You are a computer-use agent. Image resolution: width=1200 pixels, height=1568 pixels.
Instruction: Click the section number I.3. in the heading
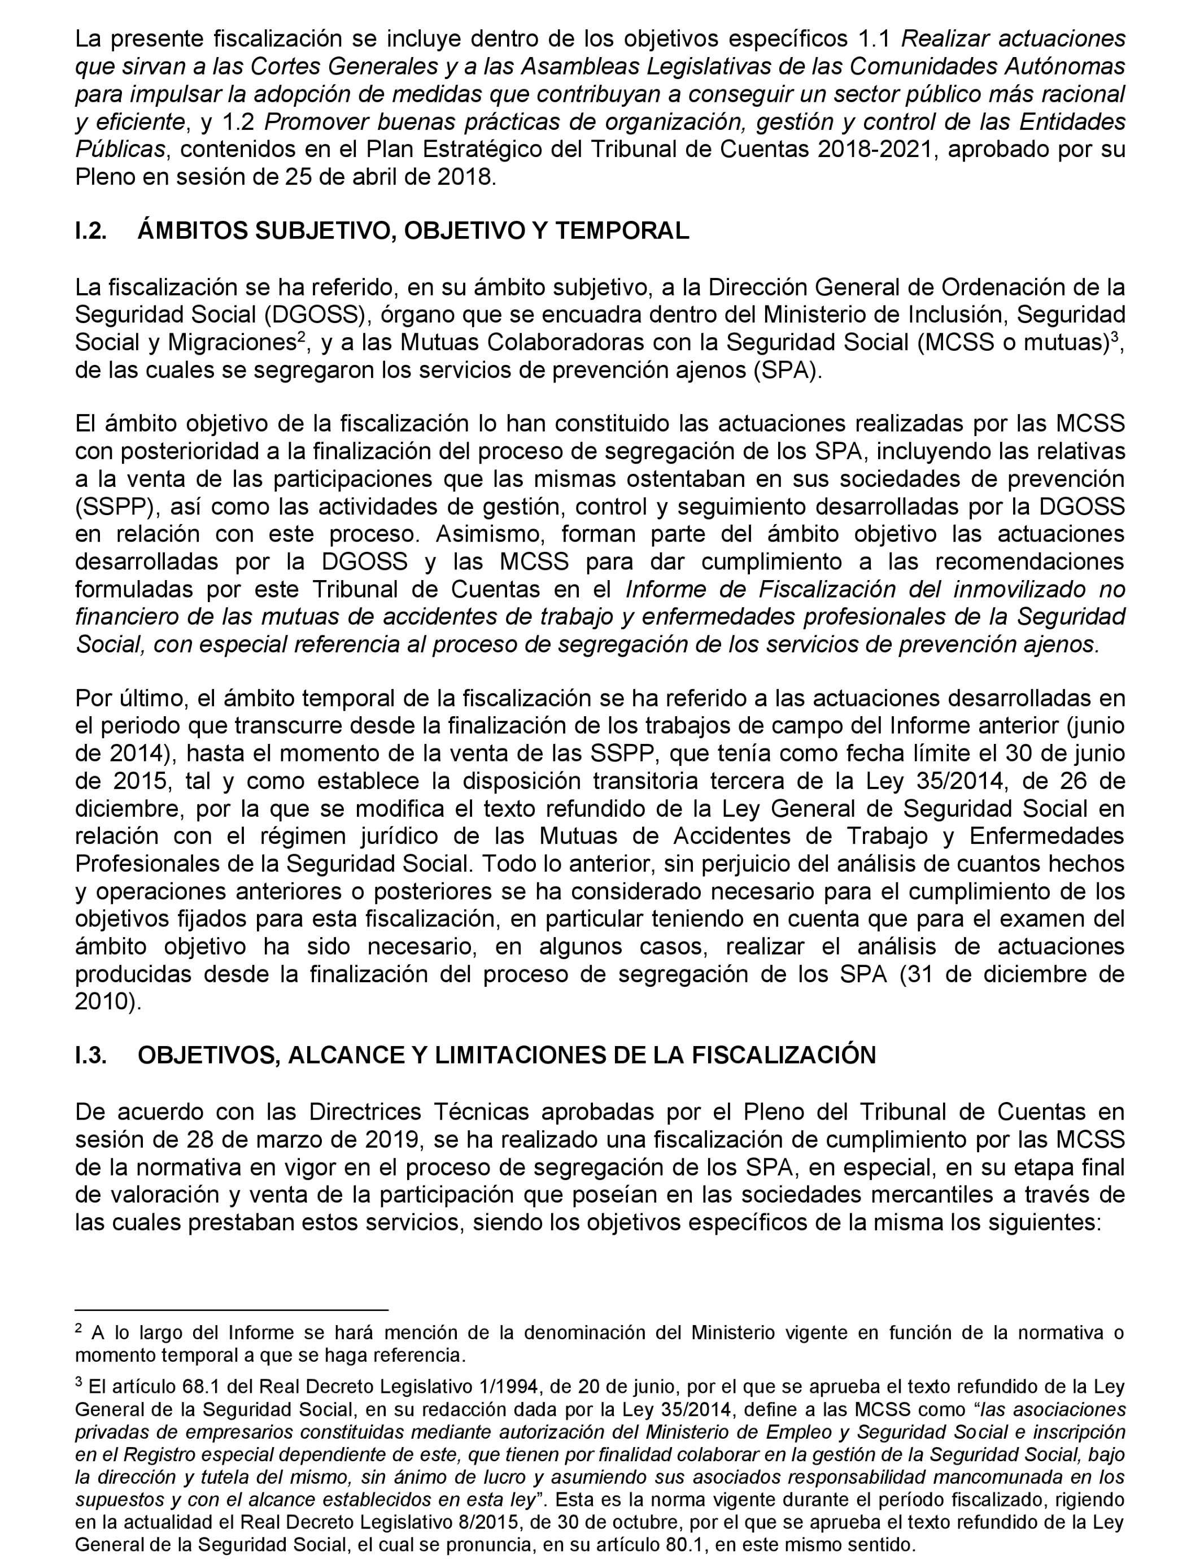tap(91, 1056)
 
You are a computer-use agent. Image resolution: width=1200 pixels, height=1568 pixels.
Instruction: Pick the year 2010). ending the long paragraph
tap(108, 1001)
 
